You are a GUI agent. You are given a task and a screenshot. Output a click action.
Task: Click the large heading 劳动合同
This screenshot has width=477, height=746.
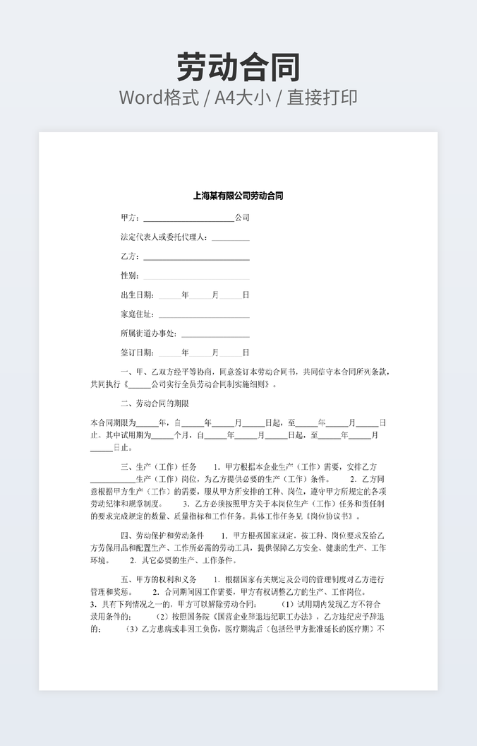click(238, 67)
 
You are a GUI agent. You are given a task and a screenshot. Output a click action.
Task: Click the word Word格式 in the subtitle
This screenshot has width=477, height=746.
click(158, 97)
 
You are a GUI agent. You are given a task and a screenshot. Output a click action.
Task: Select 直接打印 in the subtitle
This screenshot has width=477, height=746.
click(322, 97)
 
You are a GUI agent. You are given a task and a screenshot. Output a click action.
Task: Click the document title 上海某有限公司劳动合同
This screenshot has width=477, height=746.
click(238, 196)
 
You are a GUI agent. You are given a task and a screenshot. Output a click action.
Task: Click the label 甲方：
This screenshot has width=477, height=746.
click(131, 218)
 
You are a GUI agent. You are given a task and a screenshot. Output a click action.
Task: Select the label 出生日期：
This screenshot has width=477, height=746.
click(138, 295)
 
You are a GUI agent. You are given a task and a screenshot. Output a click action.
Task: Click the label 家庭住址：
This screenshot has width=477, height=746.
click(138, 314)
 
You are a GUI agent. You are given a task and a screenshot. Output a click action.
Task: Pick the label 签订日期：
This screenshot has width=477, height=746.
click(138, 353)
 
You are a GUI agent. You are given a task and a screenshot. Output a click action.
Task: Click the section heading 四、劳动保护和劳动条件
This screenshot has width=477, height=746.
click(162, 535)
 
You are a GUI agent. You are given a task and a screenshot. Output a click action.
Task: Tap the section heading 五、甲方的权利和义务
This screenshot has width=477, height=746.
click(159, 579)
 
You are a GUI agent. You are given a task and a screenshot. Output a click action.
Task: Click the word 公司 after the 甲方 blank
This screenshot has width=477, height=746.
click(242, 218)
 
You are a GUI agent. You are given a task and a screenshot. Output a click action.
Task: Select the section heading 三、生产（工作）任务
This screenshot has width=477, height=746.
click(159, 467)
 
